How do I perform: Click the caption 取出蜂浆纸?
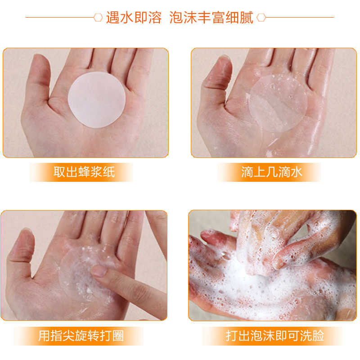[84, 172]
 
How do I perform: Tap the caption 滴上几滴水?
[272, 172]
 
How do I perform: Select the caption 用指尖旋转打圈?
[81, 336]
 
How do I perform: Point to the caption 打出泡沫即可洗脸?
[275, 336]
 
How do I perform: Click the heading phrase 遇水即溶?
[134, 18]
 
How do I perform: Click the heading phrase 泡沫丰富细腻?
[211, 18]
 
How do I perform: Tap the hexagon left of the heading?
[98, 18]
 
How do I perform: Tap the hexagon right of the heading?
[261, 18]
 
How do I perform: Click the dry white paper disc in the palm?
[97, 99]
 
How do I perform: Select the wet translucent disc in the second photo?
[278, 103]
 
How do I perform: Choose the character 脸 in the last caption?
[318, 336]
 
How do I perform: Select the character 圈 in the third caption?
[118, 336]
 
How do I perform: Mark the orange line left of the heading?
[60, 17]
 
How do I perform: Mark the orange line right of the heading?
[300, 17]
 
